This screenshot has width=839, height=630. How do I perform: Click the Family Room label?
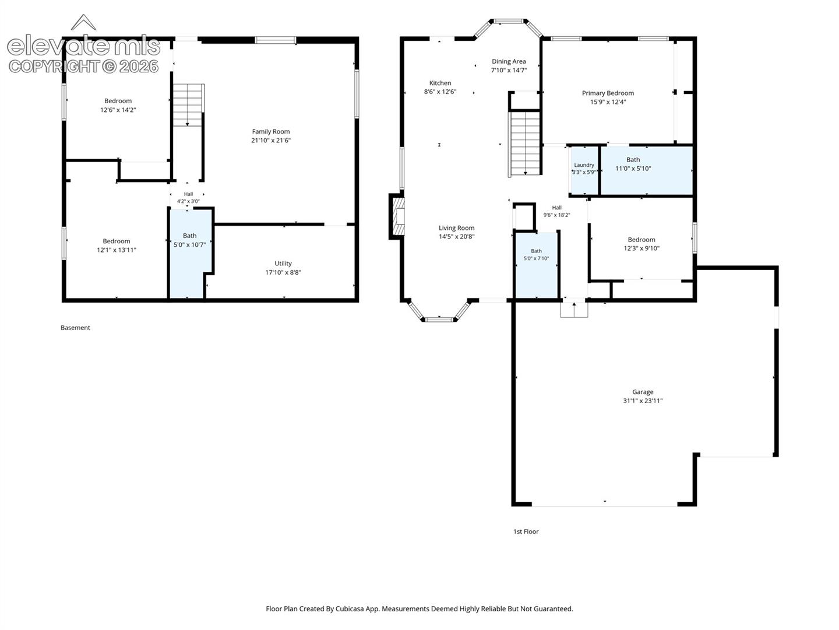coord(270,132)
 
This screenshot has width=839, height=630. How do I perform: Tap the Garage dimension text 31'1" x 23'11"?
coord(643,401)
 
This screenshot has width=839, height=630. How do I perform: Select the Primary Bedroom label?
coord(608,93)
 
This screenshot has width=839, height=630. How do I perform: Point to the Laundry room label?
coord(584,165)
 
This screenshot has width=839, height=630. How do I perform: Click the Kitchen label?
coord(440,83)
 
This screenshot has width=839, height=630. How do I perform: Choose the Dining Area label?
coord(509,61)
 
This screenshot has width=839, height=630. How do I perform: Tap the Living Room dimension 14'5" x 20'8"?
coord(456,237)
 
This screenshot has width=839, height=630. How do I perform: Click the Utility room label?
coord(283,264)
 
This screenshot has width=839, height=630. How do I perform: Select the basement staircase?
coord(188,105)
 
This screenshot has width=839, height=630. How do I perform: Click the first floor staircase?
coord(525,143)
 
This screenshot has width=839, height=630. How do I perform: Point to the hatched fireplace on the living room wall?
coord(397,216)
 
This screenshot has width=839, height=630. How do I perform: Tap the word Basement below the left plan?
coord(75,328)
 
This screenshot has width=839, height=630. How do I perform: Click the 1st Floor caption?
coord(526,531)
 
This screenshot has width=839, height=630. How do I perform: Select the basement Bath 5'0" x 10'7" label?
coord(189,240)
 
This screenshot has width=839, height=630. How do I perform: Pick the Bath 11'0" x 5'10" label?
coord(633,164)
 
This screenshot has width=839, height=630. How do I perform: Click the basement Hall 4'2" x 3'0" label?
coord(188,198)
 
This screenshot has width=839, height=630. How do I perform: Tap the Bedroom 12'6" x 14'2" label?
coord(118,105)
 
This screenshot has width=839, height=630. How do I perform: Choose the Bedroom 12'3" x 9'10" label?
coord(641,244)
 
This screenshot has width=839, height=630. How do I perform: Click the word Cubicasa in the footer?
coord(350,608)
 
